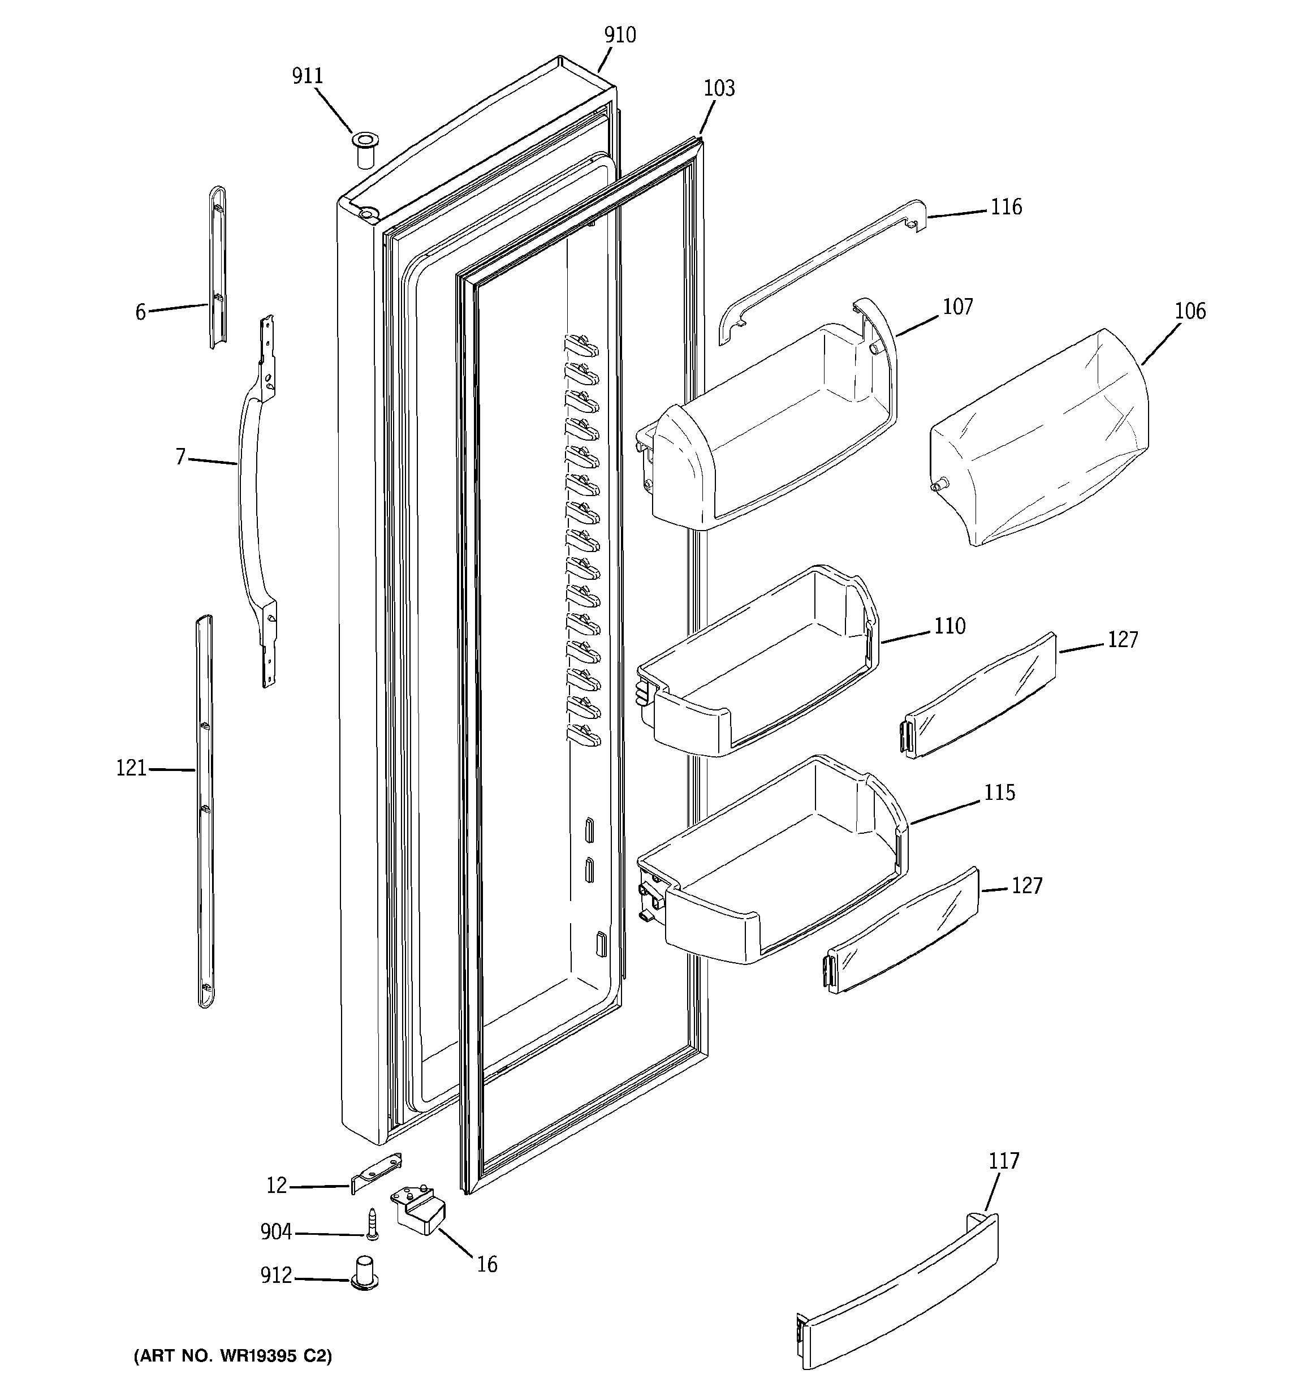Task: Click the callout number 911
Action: pos(308,76)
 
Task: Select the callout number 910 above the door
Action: pos(620,35)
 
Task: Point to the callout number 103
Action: pos(719,89)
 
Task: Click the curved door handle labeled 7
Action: pos(250,493)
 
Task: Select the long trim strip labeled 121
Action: pos(205,810)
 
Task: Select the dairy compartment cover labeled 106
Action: pos(1039,437)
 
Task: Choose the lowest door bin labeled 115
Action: pos(771,866)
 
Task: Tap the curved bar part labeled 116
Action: pos(817,271)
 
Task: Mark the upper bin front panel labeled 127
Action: pos(979,693)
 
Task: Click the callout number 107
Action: pos(958,307)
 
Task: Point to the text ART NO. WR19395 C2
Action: pos(232,1356)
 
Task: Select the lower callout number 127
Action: pos(1027,886)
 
